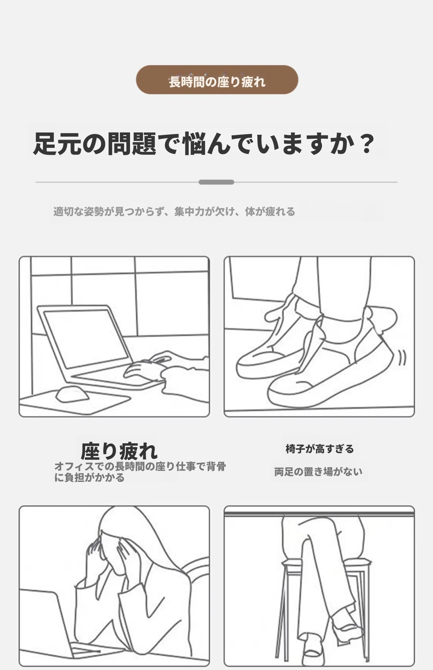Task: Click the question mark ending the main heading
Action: [365, 144]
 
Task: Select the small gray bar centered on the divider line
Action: [216, 182]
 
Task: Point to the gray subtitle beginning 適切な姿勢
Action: [174, 212]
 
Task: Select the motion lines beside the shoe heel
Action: [402, 358]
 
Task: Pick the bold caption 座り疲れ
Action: [119, 450]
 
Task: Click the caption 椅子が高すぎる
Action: [320, 449]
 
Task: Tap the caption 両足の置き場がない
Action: [318, 471]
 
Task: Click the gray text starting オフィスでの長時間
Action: [140, 472]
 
